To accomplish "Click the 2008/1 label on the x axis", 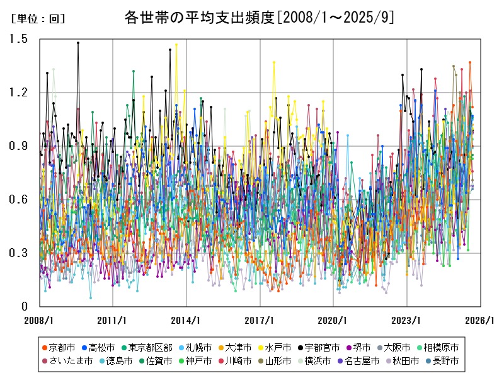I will pyautogui.click(x=40, y=319).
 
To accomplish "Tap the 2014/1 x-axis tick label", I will pyautogui.click(x=186, y=319).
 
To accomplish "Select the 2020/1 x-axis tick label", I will pyautogui.click(x=333, y=319).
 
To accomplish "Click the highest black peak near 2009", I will pyautogui.click(x=78, y=43).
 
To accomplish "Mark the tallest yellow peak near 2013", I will pyautogui.click(x=176, y=45).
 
